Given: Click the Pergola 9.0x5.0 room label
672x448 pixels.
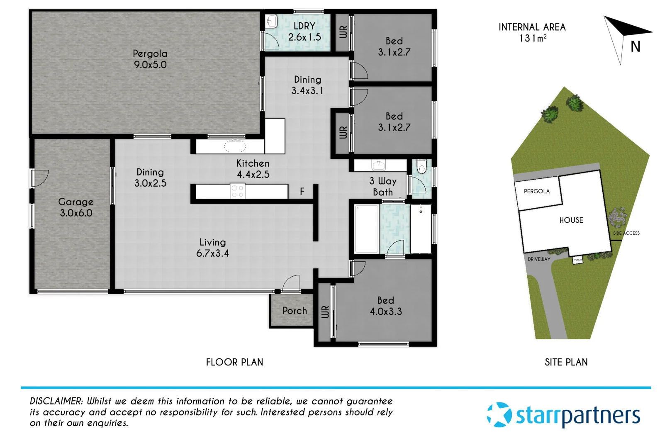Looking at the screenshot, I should click(150, 59).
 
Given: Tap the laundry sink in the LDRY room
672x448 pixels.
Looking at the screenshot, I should click(271, 21).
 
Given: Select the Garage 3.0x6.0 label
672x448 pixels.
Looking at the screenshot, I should click(76, 207).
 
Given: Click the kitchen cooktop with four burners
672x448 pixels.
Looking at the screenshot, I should click(238, 191).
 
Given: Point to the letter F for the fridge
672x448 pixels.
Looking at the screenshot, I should click(302, 191).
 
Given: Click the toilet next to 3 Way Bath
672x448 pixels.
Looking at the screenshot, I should click(421, 166).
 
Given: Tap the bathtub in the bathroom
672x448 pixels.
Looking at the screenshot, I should click(367, 229).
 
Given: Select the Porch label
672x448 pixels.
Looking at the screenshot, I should click(295, 311).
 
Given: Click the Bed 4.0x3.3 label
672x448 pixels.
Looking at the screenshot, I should click(386, 306).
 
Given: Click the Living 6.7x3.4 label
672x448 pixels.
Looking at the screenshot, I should click(212, 248).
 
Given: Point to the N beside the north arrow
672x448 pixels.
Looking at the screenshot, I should click(635, 47).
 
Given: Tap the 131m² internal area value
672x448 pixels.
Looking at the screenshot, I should click(533, 39).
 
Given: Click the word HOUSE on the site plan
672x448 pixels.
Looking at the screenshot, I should click(571, 220).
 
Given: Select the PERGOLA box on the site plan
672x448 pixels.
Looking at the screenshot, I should click(537, 191).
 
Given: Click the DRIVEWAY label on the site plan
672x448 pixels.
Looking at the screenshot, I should click(539, 259).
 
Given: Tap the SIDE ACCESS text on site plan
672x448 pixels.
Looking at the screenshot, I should click(626, 233).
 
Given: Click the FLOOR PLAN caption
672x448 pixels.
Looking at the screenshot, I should click(234, 362).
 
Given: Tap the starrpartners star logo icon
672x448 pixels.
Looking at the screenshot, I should click(499, 414).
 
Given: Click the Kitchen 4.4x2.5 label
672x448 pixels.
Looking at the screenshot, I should click(253, 169).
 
